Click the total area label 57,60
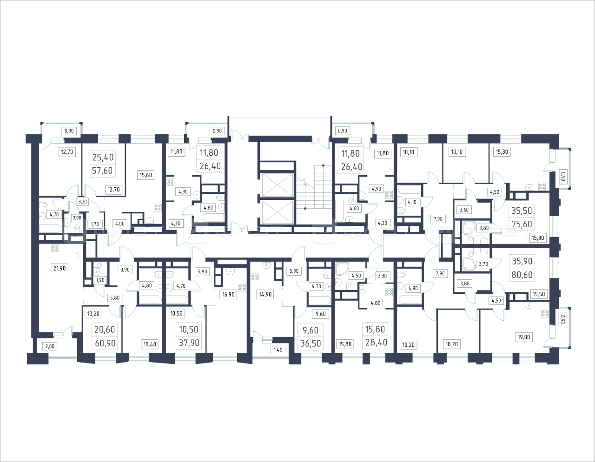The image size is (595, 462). (102, 171)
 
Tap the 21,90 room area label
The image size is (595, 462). (59, 269)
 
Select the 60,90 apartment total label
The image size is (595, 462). (105, 343)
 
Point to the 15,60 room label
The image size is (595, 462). (145, 175)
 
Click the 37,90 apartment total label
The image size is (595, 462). (189, 343)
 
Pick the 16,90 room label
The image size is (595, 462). (228, 295)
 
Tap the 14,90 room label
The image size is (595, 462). (265, 295)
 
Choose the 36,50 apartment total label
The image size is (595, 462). (311, 343)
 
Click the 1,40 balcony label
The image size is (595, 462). (278, 350)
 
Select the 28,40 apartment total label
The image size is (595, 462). (377, 342)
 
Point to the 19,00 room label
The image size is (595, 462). (524, 337)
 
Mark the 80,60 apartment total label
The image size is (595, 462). (522, 275)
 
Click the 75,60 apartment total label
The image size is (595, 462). (522, 224)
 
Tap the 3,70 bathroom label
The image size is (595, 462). (483, 264)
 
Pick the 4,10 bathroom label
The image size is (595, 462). (412, 202)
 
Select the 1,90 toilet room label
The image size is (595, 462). (100, 280)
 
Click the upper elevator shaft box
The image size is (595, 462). (278, 185)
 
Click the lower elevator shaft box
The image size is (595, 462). (278, 212)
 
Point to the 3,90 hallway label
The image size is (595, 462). (125, 270)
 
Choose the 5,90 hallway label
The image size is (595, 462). (294, 271)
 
